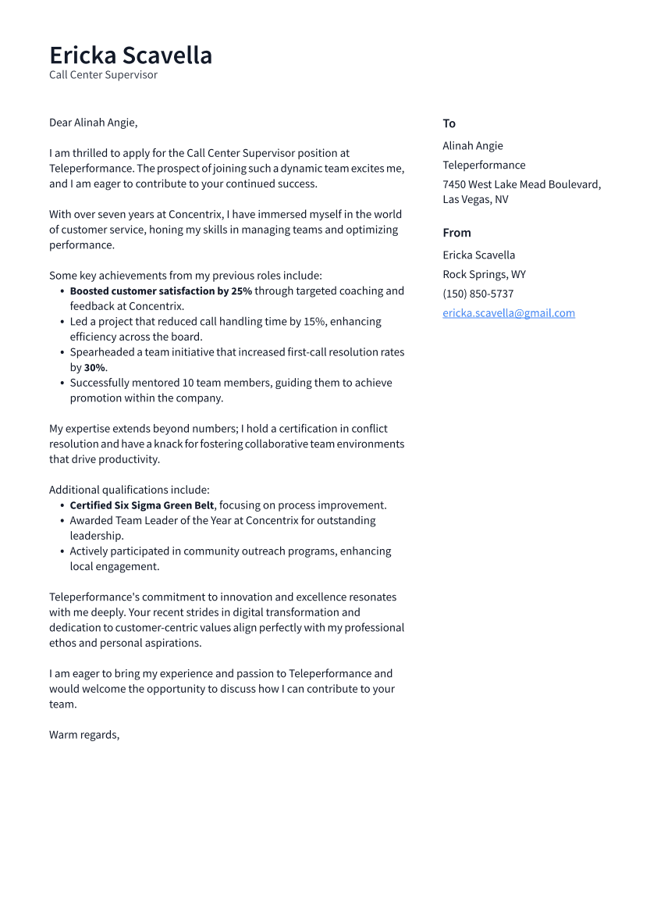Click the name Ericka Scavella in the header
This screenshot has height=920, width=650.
click(130, 55)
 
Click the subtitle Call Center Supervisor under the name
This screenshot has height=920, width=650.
click(103, 75)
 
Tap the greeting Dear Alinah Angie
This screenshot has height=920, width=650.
click(93, 123)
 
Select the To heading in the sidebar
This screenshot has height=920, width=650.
click(449, 123)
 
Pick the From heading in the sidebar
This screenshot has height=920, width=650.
click(456, 233)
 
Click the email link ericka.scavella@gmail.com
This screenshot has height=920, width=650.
click(508, 313)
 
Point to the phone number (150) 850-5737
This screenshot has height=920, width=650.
click(478, 294)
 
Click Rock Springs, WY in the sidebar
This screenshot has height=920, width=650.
click(484, 274)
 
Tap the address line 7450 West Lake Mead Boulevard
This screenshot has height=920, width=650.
click(521, 184)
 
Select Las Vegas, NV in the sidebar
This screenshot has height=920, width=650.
click(475, 199)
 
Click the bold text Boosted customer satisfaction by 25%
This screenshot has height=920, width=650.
click(161, 291)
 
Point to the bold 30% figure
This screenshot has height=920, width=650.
click(95, 368)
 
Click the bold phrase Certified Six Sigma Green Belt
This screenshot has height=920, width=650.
click(142, 505)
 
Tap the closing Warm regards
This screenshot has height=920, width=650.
click(84, 735)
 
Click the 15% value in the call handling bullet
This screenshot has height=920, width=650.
click(314, 322)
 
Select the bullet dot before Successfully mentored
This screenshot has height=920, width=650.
click(62, 383)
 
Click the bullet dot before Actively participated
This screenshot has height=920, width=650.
click(62, 551)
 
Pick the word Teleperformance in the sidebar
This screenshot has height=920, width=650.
click(484, 165)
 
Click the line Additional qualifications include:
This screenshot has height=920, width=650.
click(129, 490)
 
